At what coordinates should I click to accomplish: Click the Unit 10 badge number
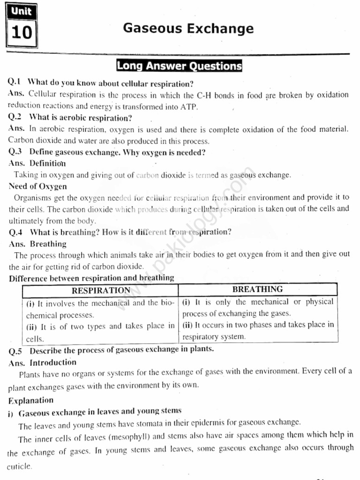pos(22,33)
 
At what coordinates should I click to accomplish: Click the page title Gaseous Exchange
pos(188,29)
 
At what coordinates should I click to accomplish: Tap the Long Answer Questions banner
pos(179,66)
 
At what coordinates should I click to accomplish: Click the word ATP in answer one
pos(189,106)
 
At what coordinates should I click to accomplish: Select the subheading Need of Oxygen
pos(37,186)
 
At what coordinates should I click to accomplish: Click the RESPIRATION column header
pos(101,290)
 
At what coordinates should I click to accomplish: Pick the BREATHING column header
pos(257,289)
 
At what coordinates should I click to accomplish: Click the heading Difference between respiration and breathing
pos(91,278)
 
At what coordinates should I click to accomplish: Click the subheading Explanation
pos(30,400)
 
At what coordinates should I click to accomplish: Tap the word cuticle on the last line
pos(20,467)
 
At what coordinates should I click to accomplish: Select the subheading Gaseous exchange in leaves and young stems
pos(100,412)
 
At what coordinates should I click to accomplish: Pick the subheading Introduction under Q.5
pos(53,362)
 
